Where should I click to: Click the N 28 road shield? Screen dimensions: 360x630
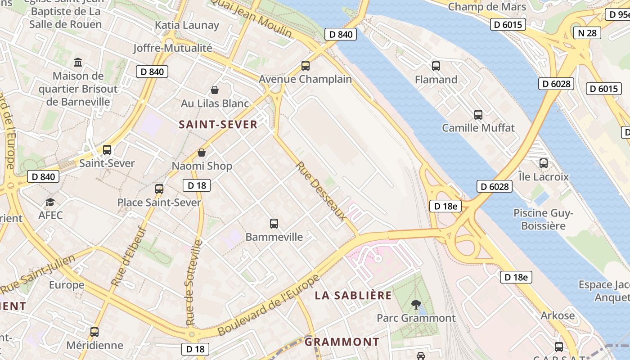pyautogui.click(x=587, y=33)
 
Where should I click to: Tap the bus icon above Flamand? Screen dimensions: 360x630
pyautogui.click(x=436, y=66)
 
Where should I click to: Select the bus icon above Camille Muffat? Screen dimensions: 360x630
pyautogui.click(x=478, y=114)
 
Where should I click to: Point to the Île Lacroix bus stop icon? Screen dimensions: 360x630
pyautogui.click(x=543, y=163)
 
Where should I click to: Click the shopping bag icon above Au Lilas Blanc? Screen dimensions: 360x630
pyautogui.click(x=215, y=90)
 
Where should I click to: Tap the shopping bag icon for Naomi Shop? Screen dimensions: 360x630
pyautogui.click(x=202, y=153)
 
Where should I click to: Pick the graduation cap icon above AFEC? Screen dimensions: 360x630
pyautogui.click(x=50, y=202)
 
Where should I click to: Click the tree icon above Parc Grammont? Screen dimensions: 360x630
pyautogui.click(x=416, y=305)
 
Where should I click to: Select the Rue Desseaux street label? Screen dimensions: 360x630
pyautogui.click(x=321, y=191)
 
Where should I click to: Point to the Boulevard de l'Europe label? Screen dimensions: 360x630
pyautogui.click(x=269, y=305)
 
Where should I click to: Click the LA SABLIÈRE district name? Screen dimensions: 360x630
pyautogui.click(x=353, y=296)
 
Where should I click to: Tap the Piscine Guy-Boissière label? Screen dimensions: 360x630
pyautogui.click(x=543, y=219)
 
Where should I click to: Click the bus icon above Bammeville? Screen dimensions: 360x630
pyautogui.click(x=274, y=223)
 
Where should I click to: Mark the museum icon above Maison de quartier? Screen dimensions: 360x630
pyautogui.click(x=78, y=62)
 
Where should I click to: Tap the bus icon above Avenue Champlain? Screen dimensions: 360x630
pyautogui.click(x=306, y=66)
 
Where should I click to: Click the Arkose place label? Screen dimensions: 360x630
pyautogui.click(x=558, y=315)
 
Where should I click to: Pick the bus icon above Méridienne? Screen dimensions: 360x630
pyautogui.click(x=94, y=332)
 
